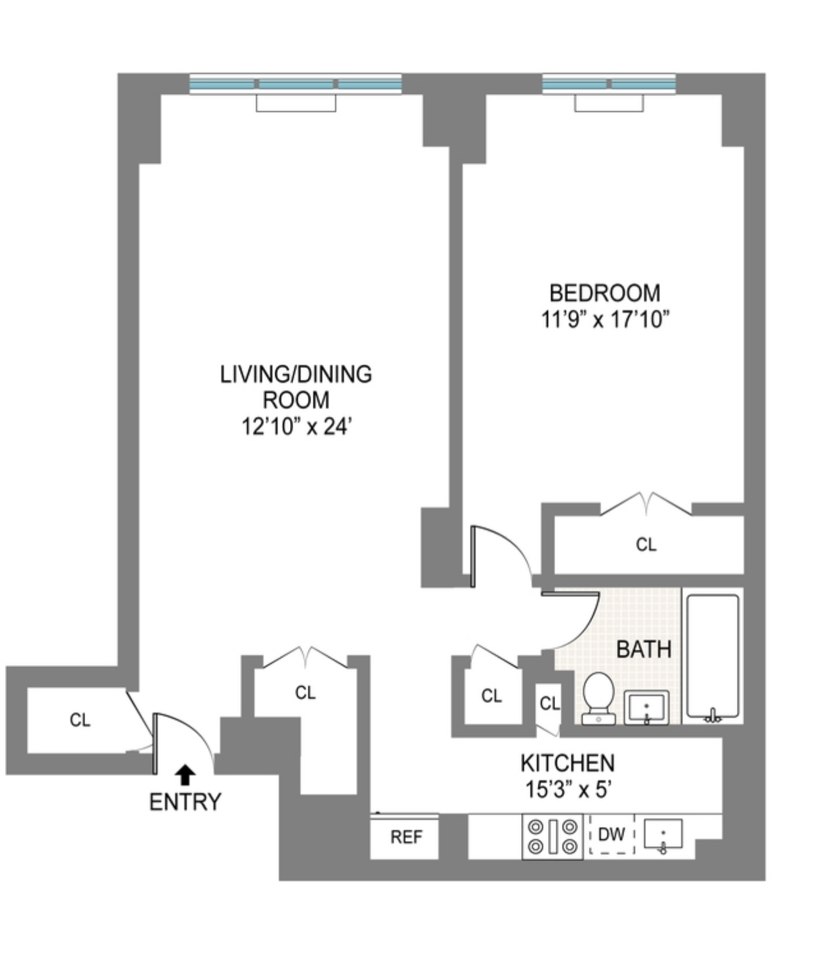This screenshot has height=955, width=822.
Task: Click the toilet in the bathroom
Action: (x=599, y=698)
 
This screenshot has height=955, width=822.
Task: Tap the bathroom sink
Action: (x=647, y=707)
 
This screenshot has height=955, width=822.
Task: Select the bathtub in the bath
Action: (x=713, y=656)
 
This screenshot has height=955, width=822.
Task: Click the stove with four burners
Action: (x=552, y=837)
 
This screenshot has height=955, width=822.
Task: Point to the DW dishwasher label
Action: (x=611, y=834)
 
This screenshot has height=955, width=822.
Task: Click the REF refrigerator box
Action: (x=405, y=837)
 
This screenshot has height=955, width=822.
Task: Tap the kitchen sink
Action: (x=663, y=835)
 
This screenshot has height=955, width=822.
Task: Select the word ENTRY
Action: (x=185, y=801)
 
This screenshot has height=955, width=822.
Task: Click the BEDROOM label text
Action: (x=604, y=293)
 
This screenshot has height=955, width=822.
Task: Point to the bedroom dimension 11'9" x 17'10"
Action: (x=604, y=319)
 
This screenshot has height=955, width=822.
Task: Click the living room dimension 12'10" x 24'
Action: (x=296, y=426)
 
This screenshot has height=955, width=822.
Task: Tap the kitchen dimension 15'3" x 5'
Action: (x=567, y=789)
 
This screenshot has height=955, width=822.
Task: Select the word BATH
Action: (x=643, y=649)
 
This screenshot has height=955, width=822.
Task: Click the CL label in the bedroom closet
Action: (x=646, y=544)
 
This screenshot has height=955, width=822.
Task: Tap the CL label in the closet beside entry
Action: (x=80, y=720)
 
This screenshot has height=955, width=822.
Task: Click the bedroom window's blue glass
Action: (x=609, y=84)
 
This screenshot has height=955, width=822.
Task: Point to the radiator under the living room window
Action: (x=296, y=103)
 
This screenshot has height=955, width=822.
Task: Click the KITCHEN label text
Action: (x=567, y=763)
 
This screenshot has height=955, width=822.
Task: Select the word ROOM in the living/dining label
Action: (x=296, y=400)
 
